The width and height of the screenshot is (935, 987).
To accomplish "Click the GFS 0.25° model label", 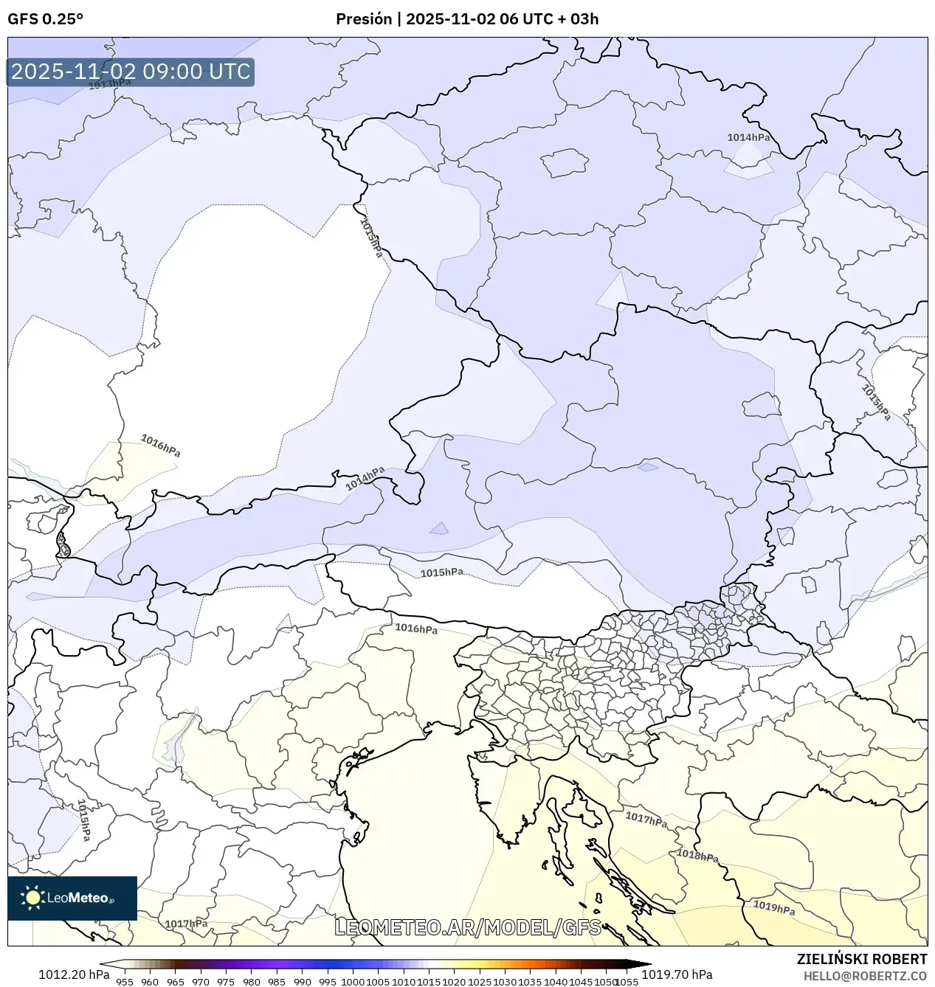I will coord(45,19).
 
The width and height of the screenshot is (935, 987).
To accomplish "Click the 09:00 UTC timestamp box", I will coord(131,72).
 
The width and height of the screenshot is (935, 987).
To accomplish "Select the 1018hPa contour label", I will coord(697,856).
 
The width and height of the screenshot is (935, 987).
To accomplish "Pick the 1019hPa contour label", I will coord(773,907).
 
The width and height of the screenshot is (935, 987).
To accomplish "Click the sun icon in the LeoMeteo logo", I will coord(32,898).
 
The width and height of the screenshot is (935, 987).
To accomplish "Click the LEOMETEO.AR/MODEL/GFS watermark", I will coord(468,927).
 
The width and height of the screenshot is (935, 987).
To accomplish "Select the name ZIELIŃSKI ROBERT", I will coord(861,959).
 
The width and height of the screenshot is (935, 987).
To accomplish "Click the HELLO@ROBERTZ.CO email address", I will coord(865,976).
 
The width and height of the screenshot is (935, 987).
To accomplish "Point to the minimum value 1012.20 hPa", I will coord(74,974).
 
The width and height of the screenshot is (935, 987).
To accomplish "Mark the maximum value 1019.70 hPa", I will coord(677,974).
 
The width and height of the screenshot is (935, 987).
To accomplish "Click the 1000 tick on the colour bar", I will coord(353,981).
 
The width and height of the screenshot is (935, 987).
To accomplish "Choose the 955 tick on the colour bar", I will coord(125,981).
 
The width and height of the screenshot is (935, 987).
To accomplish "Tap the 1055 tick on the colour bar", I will coord(627,981).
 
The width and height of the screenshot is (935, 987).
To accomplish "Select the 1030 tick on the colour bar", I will coord(505,981).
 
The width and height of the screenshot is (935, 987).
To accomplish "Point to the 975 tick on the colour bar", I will coord(226,981).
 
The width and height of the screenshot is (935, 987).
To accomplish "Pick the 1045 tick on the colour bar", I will coord(581,981).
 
